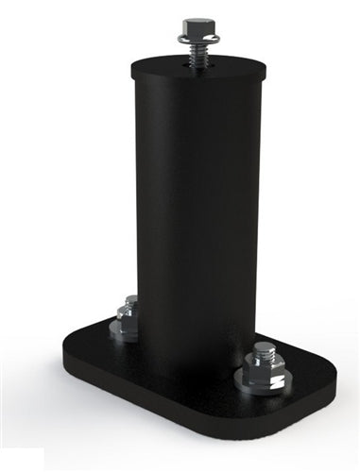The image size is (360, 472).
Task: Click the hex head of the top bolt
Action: coord(197,26)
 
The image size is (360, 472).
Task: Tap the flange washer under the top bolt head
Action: coord(197,39)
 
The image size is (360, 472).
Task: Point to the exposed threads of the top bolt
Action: coord(197,55)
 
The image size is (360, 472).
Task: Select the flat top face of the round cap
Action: coord(170,66)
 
